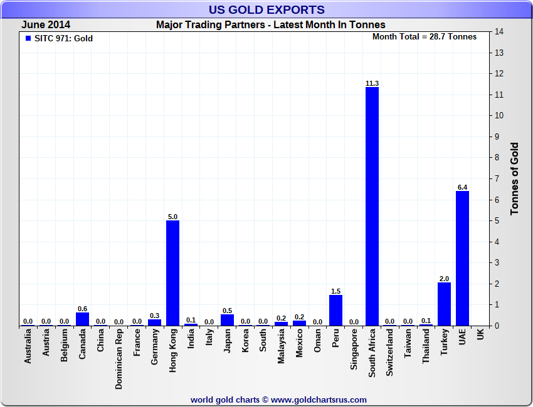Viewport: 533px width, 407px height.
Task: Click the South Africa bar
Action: click(372, 206)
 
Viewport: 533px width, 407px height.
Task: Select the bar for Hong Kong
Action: click(172, 273)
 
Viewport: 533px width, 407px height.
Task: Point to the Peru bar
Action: click(335, 310)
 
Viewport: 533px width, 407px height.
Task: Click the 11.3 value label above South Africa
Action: click(372, 83)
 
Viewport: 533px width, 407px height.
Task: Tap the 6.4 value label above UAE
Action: click(462, 187)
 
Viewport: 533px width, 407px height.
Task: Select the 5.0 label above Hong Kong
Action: click(172, 217)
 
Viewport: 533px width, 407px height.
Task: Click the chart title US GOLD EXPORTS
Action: click(266, 9)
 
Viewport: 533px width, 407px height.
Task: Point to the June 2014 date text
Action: click(46, 25)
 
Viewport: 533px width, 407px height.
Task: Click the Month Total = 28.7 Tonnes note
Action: click(425, 36)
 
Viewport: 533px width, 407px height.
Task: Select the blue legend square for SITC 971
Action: click(28, 39)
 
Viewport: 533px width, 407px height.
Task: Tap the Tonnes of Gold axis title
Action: click(515, 179)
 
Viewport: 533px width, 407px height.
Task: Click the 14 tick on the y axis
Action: click(500, 31)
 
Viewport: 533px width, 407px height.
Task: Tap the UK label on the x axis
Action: click(480, 335)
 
